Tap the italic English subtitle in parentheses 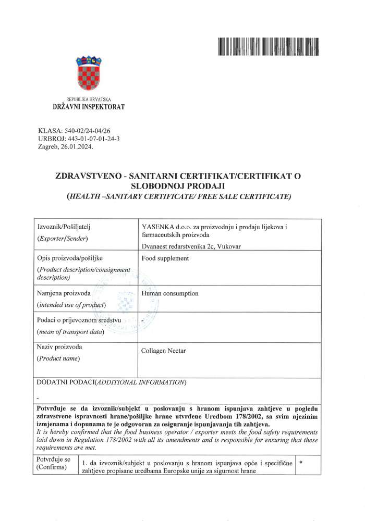(x=179, y=196)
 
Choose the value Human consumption (x=170, y=293)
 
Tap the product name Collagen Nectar (x=164, y=351)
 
